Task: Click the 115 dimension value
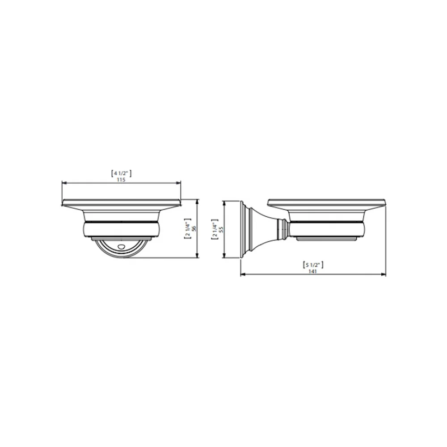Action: (121, 180)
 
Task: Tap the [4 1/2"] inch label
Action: (121, 173)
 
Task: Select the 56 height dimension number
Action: (194, 228)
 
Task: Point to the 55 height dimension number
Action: (221, 229)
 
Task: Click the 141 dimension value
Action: (313, 271)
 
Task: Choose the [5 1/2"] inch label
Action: (313, 265)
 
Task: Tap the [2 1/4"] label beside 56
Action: (188, 228)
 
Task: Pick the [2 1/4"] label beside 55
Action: (215, 229)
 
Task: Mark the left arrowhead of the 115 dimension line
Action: (64, 183)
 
